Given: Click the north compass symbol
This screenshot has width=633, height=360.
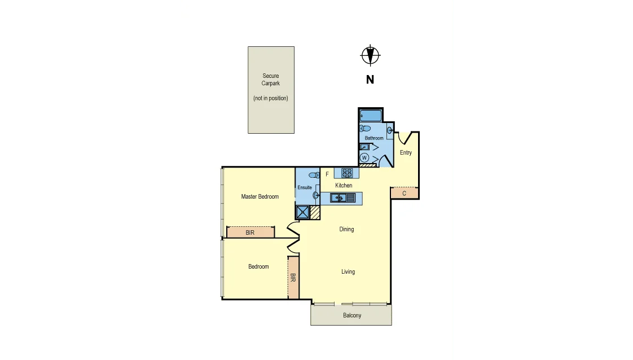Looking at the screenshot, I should (370, 55).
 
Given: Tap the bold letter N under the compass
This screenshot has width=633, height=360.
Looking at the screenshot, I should (370, 80).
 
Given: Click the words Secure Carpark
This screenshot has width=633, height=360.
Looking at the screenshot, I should (271, 80).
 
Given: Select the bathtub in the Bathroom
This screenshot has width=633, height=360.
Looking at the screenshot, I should (371, 116).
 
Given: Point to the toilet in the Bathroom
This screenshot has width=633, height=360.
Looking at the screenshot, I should (366, 128).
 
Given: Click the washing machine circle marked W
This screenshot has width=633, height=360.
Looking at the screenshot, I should (364, 157).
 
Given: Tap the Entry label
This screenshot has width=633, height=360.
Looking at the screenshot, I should (406, 152).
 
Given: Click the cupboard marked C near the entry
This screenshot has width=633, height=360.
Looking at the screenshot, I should (405, 193).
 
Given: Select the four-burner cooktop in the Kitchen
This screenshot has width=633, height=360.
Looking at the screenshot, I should (347, 173).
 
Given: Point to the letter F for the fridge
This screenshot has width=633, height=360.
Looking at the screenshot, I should (327, 174).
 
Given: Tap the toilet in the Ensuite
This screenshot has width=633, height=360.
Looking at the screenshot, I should (314, 175).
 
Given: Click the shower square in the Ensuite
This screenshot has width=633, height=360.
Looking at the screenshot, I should (302, 212).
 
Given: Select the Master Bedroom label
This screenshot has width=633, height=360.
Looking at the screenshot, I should (260, 196).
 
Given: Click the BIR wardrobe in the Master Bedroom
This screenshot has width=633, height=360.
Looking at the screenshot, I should (250, 232).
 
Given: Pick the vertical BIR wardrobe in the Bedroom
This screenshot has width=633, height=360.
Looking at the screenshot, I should (293, 278).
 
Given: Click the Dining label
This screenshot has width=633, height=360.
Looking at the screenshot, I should (346, 229).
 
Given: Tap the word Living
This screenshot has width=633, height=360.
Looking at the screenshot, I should (348, 271).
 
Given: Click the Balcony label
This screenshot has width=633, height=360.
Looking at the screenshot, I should (352, 315).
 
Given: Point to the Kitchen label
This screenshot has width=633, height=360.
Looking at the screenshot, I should (344, 185).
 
